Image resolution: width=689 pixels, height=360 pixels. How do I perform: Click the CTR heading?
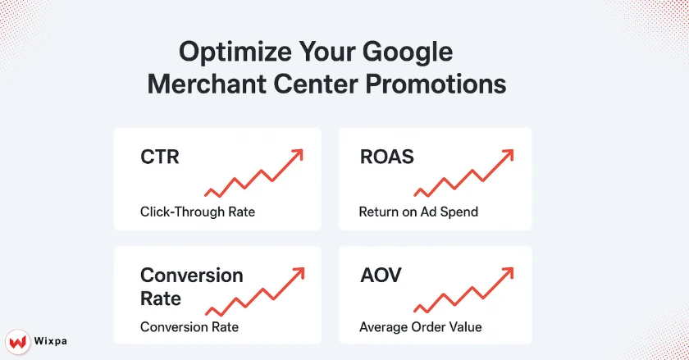click(159, 157)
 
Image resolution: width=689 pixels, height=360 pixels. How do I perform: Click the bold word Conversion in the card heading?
click(191, 275)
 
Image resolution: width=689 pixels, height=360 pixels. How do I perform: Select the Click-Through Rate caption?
click(197, 212)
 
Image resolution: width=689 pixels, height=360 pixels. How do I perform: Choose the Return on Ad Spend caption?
click(418, 212)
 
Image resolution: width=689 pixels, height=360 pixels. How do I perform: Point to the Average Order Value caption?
click(420, 327)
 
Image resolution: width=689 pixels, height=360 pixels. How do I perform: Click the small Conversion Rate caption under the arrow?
click(189, 327)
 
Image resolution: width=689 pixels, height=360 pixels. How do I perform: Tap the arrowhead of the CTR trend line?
click(298, 154)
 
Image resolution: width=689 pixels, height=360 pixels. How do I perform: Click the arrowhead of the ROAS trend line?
click(511, 154)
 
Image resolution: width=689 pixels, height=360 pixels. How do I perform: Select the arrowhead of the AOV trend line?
click(511, 272)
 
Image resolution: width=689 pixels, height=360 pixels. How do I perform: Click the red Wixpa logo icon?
click(17, 339)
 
